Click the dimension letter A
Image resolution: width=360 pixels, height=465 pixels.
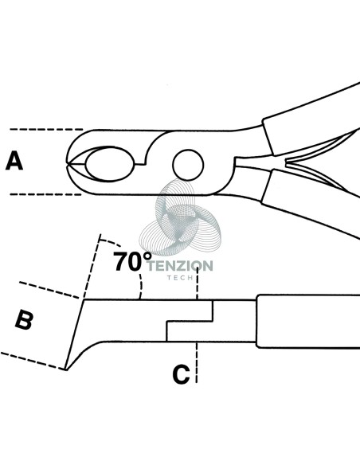pyautogui.click(x=14, y=160)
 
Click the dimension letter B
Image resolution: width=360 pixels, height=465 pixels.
pyautogui.click(x=24, y=319)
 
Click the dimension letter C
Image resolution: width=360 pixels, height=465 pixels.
pyautogui.click(x=181, y=374)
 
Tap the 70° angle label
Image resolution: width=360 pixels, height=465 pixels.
pyautogui.click(x=132, y=261)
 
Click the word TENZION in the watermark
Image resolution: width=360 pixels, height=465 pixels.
pyautogui.click(x=180, y=266)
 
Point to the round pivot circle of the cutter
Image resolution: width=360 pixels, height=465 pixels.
pyautogui.click(x=188, y=165)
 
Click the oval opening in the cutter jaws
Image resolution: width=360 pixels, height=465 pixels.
pyautogui.click(x=109, y=164)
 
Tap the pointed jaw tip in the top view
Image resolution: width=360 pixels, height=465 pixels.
pyautogui.click(x=67, y=163)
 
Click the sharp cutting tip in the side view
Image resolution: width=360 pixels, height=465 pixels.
pyautogui.click(x=66, y=369)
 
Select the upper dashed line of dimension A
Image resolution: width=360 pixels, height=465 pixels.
pyautogui.click(x=46, y=129)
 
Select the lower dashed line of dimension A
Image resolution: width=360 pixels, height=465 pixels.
pyautogui.click(x=45, y=194)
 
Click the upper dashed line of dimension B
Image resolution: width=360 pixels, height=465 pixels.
pyautogui.click(x=49, y=290)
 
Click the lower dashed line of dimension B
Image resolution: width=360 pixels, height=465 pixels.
pyautogui.click(x=33, y=361)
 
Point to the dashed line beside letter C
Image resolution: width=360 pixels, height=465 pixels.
pyautogui.click(x=196, y=362)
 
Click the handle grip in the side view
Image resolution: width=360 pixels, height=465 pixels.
pyautogui.click(x=308, y=321)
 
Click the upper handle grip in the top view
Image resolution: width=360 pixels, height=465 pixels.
pyautogui.click(x=311, y=119)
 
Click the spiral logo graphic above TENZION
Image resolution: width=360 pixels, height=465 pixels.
pyautogui.click(x=180, y=217)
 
